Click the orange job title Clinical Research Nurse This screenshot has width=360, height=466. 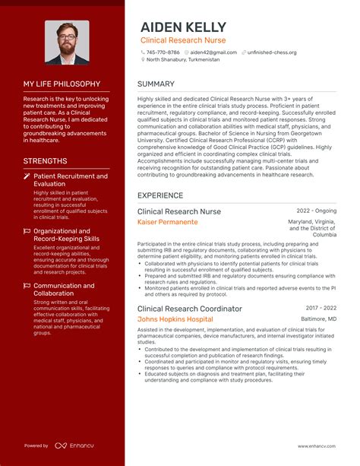tap(183, 40)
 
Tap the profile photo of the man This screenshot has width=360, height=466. tap(67, 43)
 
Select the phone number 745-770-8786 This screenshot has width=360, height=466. tap(163, 52)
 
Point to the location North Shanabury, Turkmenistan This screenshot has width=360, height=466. tap(183, 59)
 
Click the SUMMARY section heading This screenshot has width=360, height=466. tap(156, 84)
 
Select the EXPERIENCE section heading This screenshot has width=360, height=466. tap(160, 195)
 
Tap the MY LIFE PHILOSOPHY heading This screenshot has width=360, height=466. tap(62, 84)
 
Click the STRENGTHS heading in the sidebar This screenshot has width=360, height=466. tap(45, 161)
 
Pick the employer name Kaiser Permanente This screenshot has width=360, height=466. tap(167, 222)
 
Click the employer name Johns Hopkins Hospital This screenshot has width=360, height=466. tap(175, 319)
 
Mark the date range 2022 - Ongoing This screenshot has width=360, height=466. tap(316, 210)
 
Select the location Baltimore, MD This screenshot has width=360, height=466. tap(319, 319)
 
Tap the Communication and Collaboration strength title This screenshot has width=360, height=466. tap(64, 290)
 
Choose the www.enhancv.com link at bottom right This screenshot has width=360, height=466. tap(317, 446)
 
